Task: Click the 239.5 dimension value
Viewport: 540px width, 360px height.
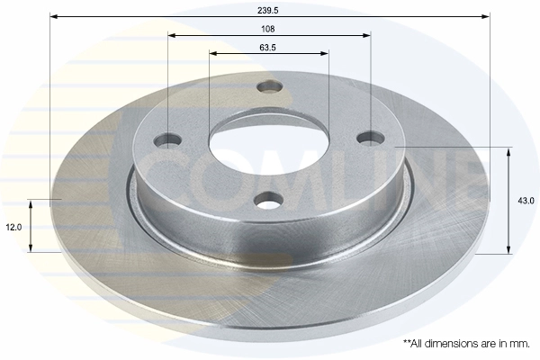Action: (267, 10)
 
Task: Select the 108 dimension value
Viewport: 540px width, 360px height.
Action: (267, 29)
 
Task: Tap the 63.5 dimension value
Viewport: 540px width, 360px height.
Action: (267, 48)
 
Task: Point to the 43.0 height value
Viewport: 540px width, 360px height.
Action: (526, 201)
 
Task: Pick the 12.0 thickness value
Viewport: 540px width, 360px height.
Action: (13, 228)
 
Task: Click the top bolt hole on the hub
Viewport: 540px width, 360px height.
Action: (270, 86)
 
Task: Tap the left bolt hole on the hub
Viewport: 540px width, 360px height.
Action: (167, 139)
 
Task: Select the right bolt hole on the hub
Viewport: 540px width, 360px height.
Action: (371, 138)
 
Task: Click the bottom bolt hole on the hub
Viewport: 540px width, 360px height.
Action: (270, 200)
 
